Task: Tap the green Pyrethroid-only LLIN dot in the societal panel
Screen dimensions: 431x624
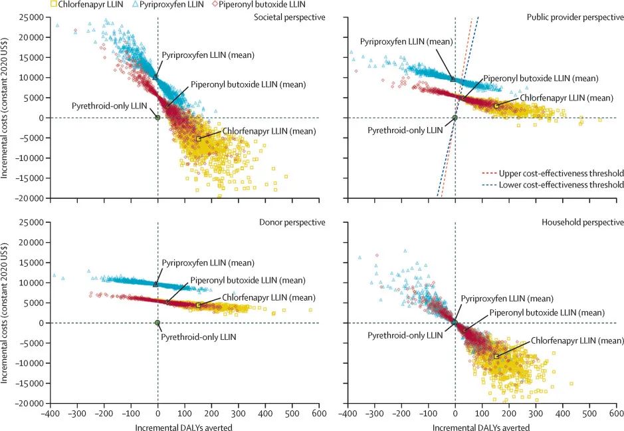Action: tap(157, 118)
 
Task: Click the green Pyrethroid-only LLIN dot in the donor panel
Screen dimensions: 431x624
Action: tap(157, 323)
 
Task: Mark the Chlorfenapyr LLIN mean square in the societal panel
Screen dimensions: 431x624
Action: tap(199, 138)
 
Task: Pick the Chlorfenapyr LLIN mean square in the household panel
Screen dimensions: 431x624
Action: tap(496, 357)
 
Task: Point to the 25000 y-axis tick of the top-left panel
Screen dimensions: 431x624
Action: tap(31, 17)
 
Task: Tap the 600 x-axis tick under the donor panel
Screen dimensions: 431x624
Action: tap(318, 414)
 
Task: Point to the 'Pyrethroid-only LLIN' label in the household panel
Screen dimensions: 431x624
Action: tap(405, 335)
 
